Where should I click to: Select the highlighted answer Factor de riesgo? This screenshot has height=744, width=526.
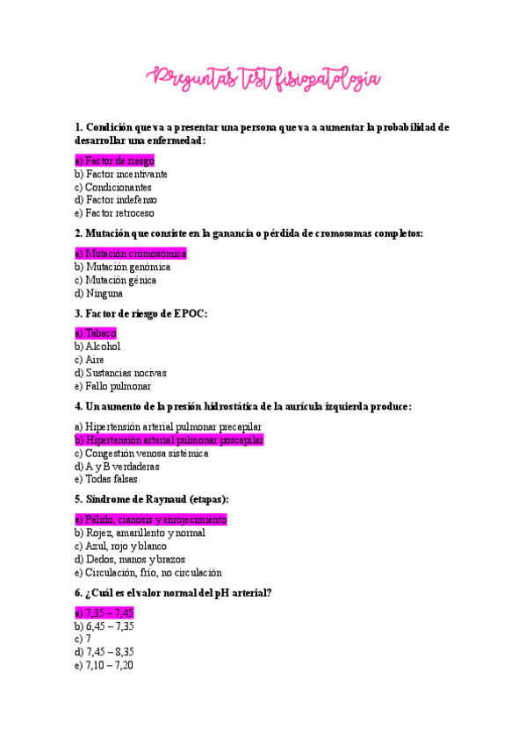click(x=114, y=161)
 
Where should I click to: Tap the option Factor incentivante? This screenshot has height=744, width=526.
click(x=121, y=174)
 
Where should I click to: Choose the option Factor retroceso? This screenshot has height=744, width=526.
click(x=114, y=213)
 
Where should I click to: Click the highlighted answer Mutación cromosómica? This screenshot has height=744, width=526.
click(x=131, y=254)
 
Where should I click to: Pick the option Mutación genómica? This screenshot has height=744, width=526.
click(x=123, y=267)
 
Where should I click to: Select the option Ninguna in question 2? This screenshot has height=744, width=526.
click(x=98, y=294)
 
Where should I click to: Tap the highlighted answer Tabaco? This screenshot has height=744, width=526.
click(x=96, y=333)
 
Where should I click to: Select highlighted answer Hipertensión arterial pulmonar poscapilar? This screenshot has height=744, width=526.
click(x=169, y=440)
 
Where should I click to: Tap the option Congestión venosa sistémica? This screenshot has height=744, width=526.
click(x=141, y=454)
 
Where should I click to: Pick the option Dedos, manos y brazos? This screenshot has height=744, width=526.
click(x=129, y=559)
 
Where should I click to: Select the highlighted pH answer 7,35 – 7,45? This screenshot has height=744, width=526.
click(x=104, y=612)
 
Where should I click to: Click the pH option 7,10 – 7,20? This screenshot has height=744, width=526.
click(x=104, y=666)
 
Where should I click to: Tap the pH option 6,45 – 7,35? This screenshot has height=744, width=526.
click(x=104, y=626)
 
